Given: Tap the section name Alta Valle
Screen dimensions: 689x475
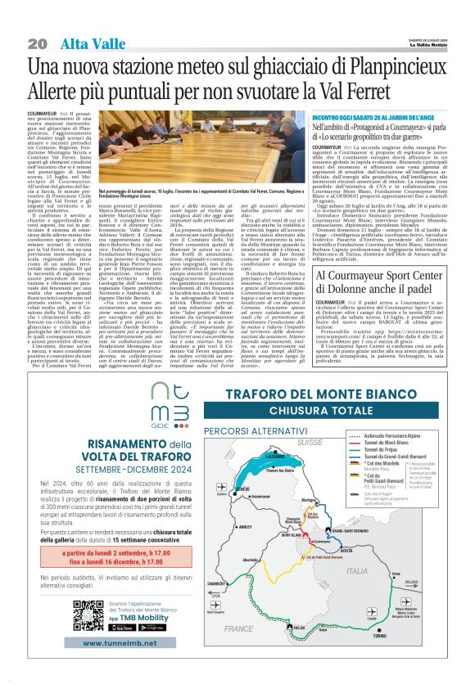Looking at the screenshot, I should click(x=85, y=43).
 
